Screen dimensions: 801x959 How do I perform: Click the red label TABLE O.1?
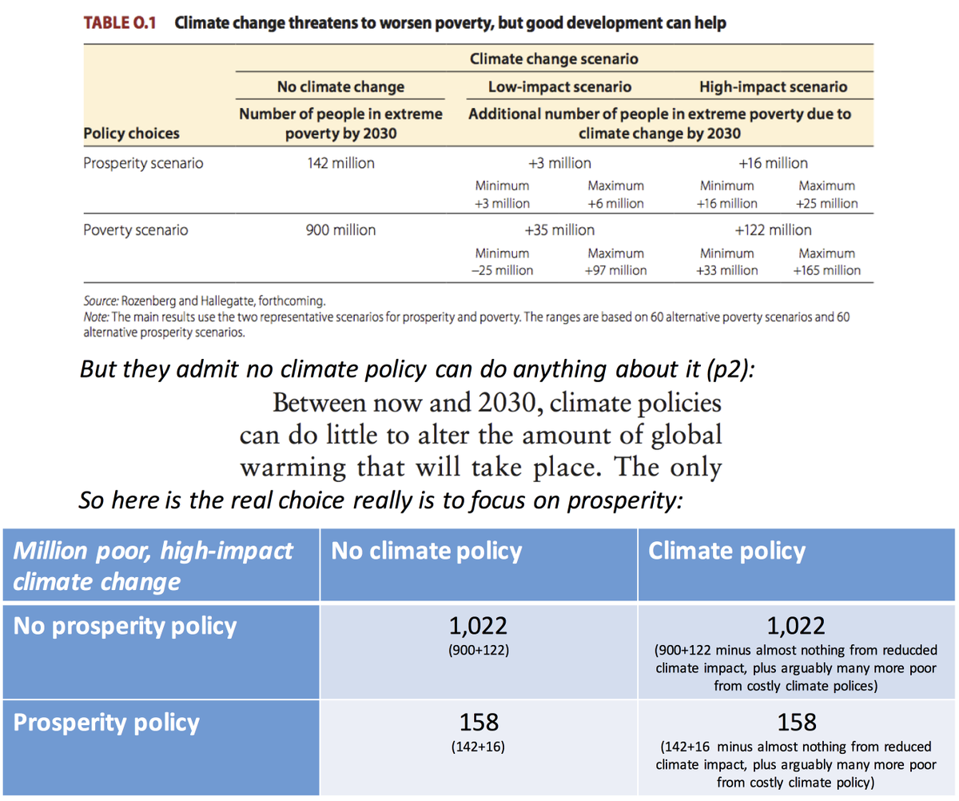tap(121, 23)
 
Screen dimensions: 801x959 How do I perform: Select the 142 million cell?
tap(340, 164)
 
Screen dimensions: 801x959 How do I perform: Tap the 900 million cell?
tap(340, 231)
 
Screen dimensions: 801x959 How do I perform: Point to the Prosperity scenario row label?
tap(144, 164)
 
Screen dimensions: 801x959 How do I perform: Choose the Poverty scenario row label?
tap(136, 231)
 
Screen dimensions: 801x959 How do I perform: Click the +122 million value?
tap(773, 230)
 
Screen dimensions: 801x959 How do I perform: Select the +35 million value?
tap(559, 230)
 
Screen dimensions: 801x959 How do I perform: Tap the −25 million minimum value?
tap(503, 270)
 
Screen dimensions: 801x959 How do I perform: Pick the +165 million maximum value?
tap(826, 270)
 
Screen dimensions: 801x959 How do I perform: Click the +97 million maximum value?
tap(615, 270)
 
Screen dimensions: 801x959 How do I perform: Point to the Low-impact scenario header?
tap(559, 87)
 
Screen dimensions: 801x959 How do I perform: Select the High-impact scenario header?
tap(773, 87)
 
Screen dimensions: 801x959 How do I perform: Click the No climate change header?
tap(340, 87)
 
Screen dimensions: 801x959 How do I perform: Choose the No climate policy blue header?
tap(427, 551)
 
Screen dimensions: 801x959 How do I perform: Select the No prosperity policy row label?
tap(125, 625)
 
